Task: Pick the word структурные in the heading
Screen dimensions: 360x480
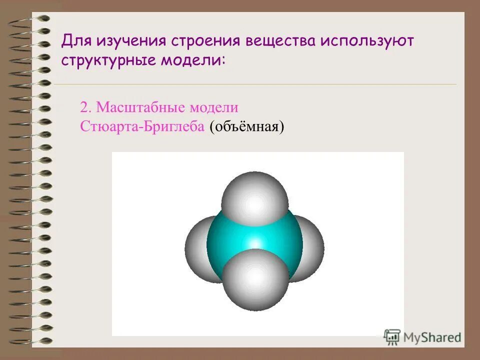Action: [x=108, y=60]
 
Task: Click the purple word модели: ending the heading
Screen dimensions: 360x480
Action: [x=192, y=60]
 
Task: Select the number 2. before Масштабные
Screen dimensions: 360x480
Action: [x=86, y=107]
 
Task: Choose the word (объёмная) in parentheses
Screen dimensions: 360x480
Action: [x=247, y=126]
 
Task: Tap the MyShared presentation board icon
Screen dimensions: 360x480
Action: [x=392, y=337]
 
